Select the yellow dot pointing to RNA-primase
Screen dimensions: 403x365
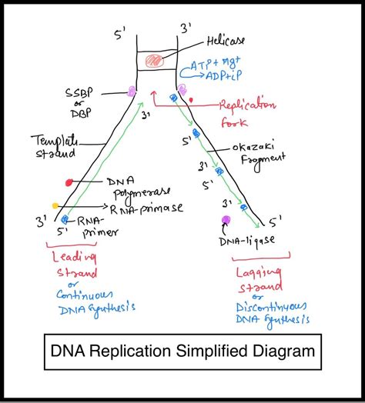(x=55, y=205)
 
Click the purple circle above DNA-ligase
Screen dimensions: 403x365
(x=226, y=221)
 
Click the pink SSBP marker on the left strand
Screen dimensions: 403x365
(x=131, y=91)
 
